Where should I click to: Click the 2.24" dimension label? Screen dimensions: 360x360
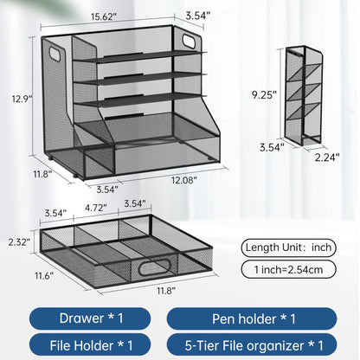point(326,157)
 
